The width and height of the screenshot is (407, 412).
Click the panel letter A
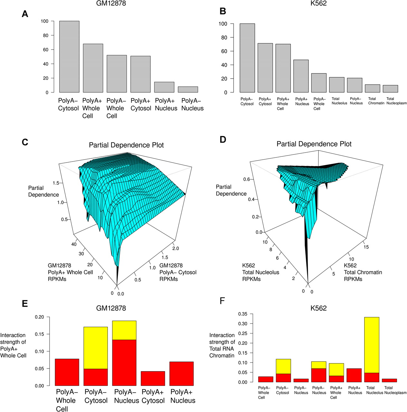pos(25,14)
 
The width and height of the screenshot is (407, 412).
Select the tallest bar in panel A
pos(69,57)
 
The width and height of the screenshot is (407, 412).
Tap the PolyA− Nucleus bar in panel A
pos(188,89)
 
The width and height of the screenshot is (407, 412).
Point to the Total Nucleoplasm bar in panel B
pos(390,89)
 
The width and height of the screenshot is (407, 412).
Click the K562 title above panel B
pos(318,4)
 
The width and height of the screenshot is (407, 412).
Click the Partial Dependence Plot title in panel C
pos(126,145)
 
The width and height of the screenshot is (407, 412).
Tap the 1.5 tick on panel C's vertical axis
pos(56,183)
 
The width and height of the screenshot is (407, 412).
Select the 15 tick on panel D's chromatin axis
pos(366,247)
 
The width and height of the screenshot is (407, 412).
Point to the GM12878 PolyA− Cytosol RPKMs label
pos(178,272)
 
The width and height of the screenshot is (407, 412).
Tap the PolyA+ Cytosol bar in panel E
pos(153,379)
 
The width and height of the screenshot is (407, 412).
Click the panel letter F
pos(222,301)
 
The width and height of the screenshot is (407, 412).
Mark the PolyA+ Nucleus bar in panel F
pos(354,375)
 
